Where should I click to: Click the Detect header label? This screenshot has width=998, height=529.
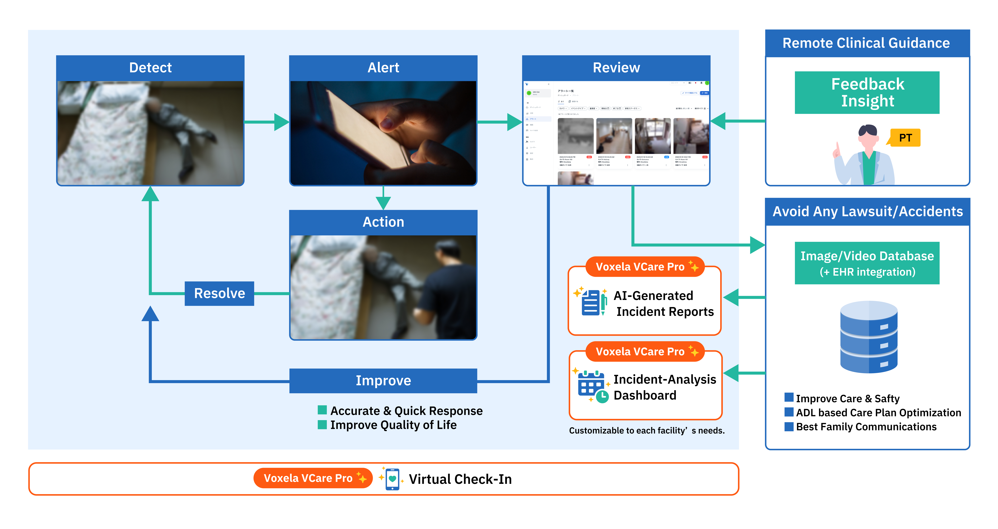tap(150, 68)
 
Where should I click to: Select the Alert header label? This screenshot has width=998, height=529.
tap(383, 68)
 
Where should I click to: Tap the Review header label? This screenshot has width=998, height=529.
tap(616, 68)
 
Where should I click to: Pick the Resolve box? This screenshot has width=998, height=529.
tap(219, 294)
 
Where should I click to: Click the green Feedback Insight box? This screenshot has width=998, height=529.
tap(867, 93)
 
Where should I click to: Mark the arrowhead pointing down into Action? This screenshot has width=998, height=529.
tap(383, 202)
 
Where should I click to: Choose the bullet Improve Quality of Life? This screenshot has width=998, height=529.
tap(393, 425)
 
